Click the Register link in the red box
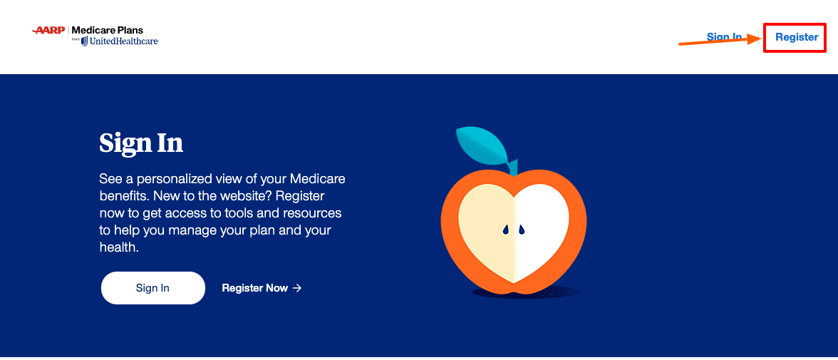pos(796,37)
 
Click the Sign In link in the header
pos(723,37)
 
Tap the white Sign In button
pos(152,288)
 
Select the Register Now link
pos(254,288)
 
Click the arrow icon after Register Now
pos(297,288)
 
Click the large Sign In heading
pos(141,143)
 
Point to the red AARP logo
pos(48,31)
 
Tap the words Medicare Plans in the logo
pos(108,31)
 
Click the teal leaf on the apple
pos(482,145)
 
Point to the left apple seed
pos(505,230)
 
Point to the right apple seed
pos(521,230)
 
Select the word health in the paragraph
pos(116,247)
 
